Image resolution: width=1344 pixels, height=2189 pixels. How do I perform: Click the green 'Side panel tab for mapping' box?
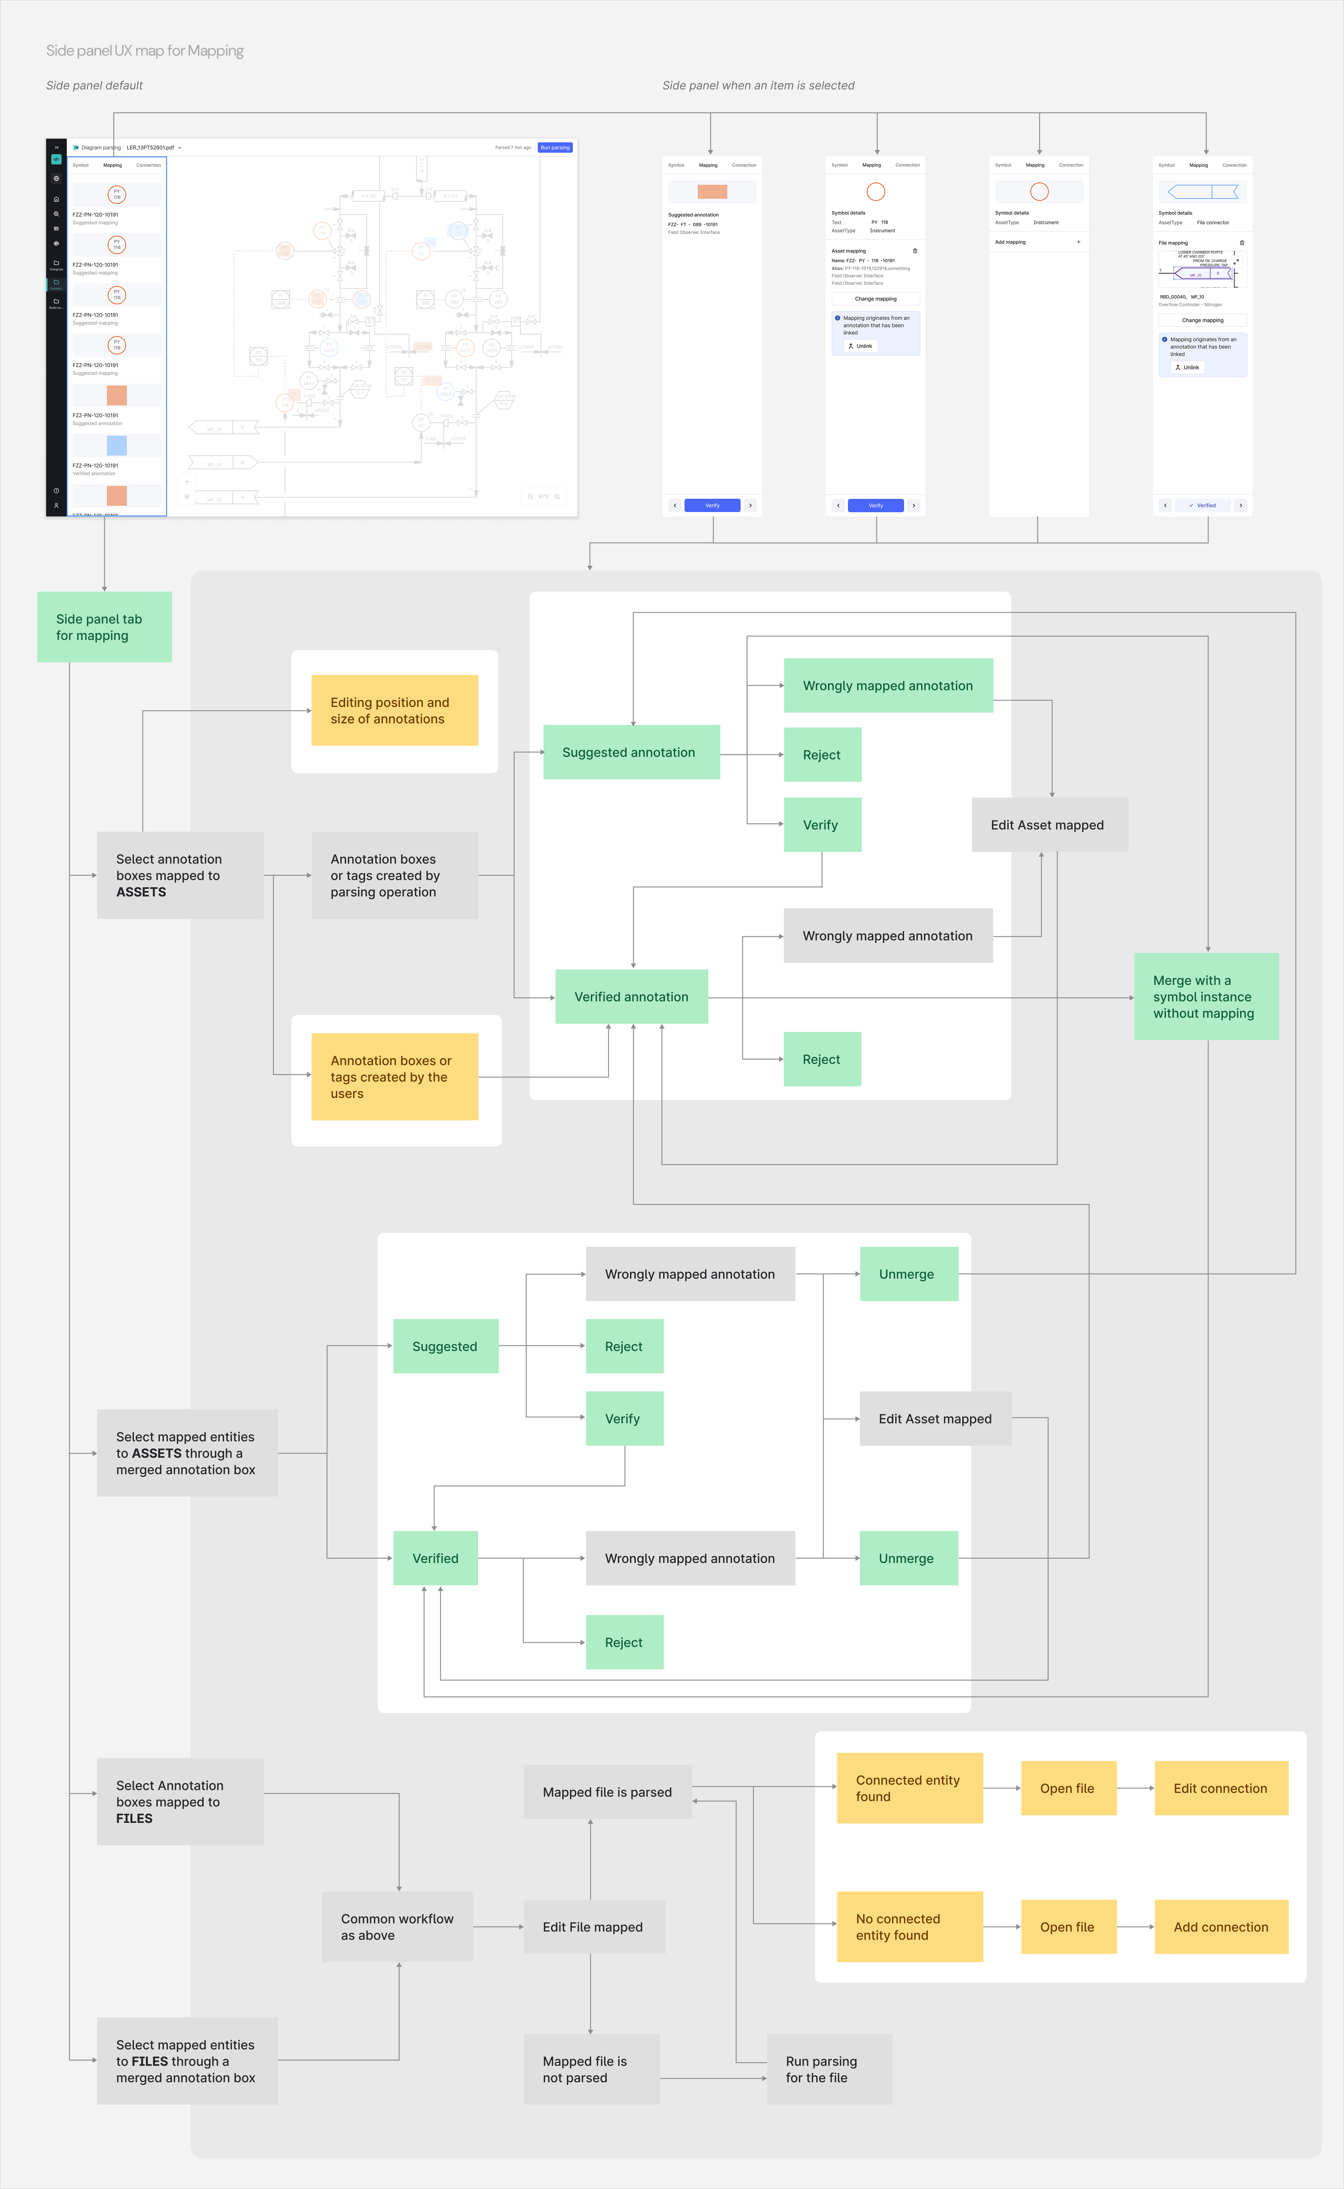tap(104, 627)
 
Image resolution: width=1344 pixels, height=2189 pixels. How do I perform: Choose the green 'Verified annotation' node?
tap(631, 997)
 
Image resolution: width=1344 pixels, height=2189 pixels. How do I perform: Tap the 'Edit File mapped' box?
tap(594, 1927)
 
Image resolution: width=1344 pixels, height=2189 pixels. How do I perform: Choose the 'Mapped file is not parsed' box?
tap(591, 2069)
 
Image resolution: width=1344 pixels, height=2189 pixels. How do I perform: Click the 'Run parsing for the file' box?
tap(828, 2069)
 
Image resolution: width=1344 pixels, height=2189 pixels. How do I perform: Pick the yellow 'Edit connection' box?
tap(1221, 1788)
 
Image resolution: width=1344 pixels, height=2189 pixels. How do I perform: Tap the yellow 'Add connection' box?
tap(1221, 1927)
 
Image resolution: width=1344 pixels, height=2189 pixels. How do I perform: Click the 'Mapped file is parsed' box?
tap(607, 1792)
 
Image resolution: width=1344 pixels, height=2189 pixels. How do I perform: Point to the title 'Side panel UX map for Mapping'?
tap(145, 51)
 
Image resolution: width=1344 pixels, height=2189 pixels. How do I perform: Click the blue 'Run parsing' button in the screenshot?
tap(555, 148)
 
